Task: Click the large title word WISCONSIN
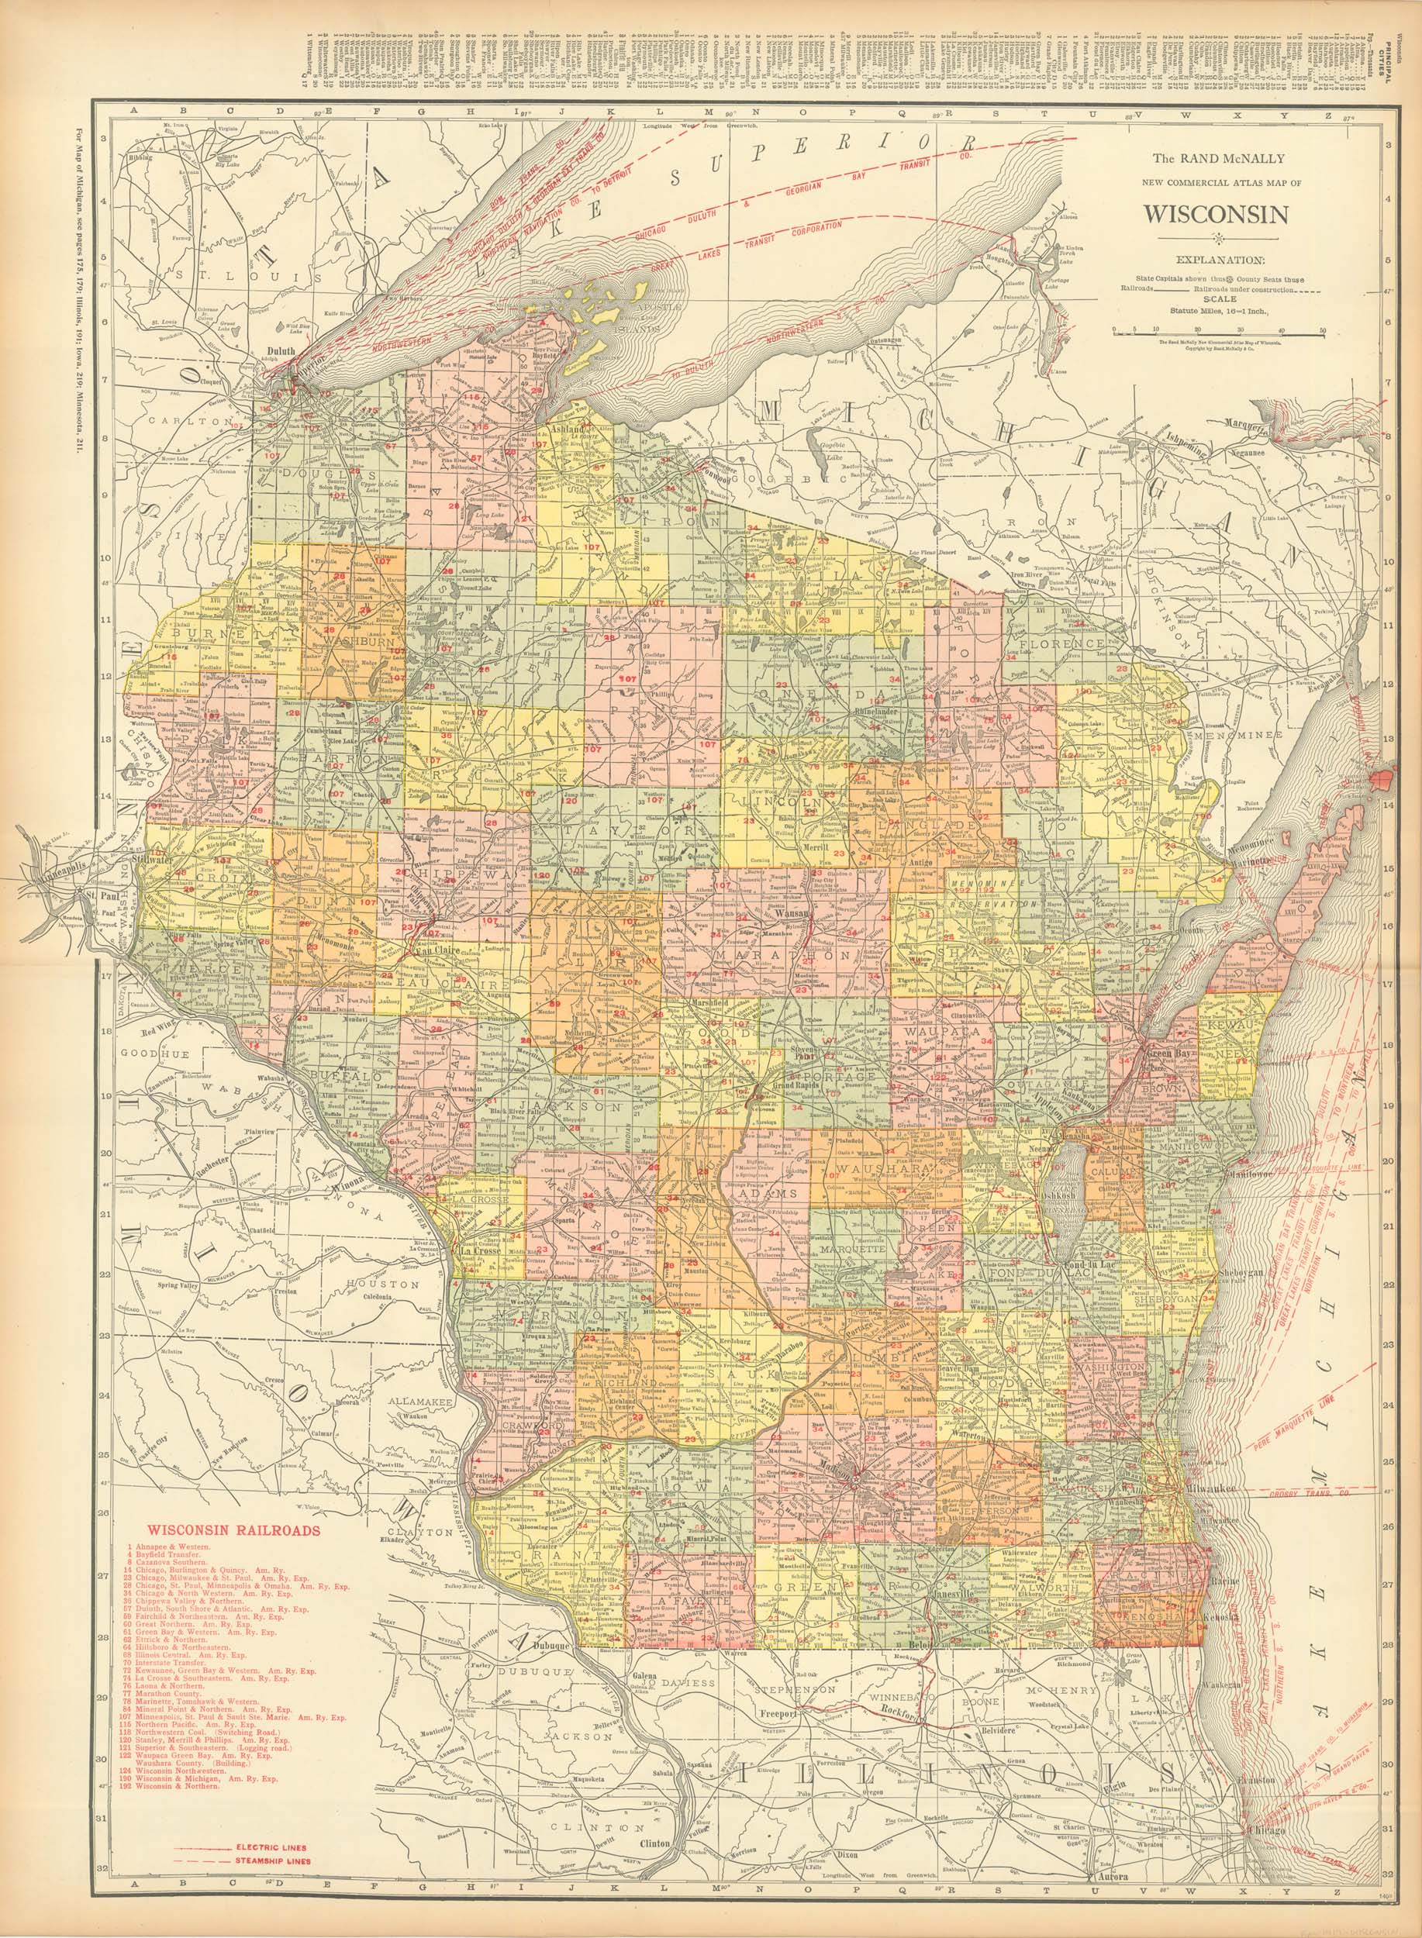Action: click(1217, 213)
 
